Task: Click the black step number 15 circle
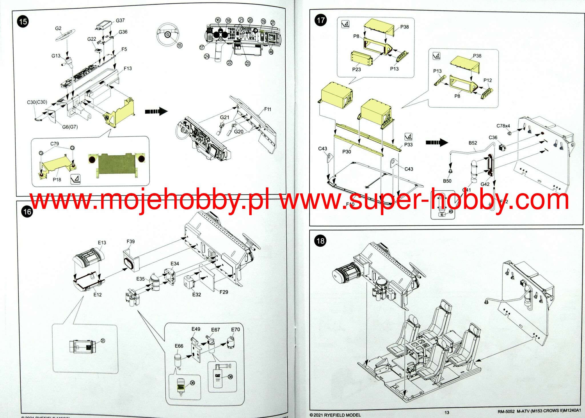23,22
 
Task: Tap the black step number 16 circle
27,212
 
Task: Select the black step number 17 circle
320,20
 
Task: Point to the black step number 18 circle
320,241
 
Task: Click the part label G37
120,20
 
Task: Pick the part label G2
58,28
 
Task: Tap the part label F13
128,68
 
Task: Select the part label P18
57,180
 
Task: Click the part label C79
55,144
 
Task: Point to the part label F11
268,109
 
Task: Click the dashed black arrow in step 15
156,111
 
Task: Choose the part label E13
102,243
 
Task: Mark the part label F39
131,241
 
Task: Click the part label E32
197,294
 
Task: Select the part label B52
473,143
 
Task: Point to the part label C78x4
503,126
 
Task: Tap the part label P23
356,69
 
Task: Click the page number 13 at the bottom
447,412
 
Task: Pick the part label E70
235,330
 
